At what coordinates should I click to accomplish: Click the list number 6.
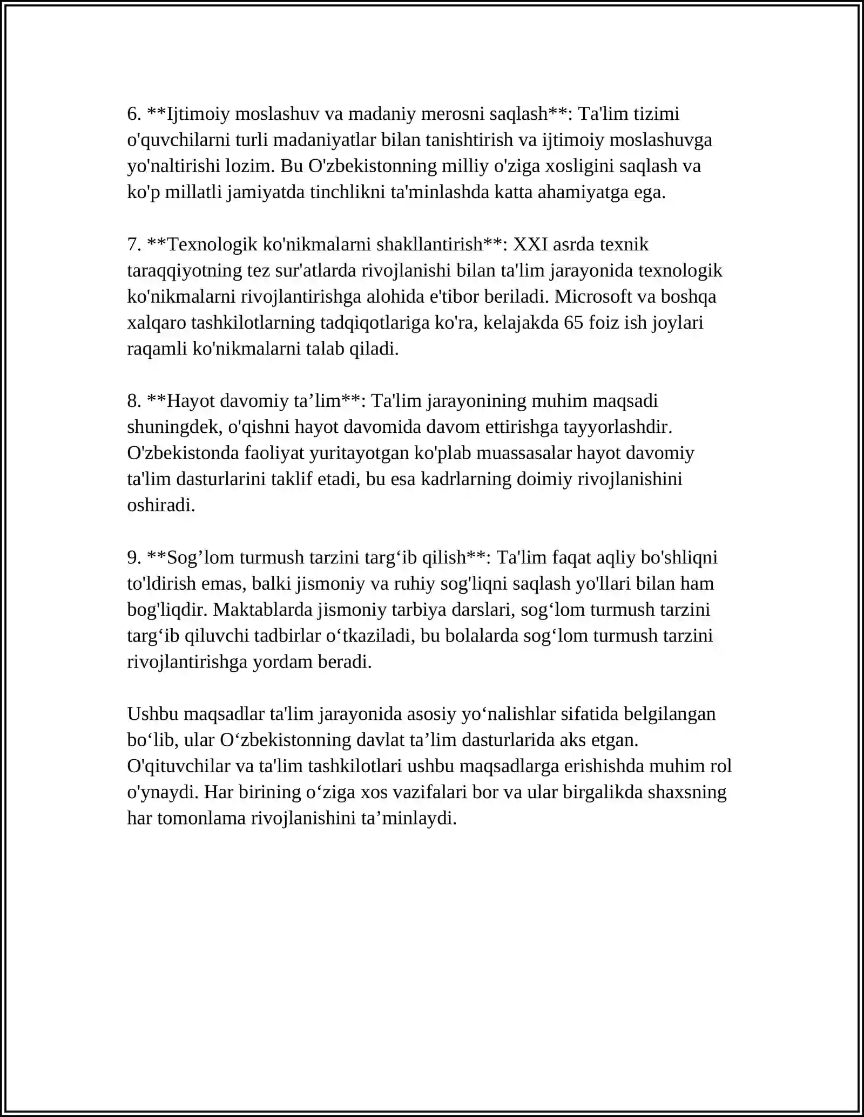[x=134, y=114]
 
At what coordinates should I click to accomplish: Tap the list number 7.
[x=134, y=245]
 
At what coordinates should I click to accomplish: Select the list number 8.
[x=134, y=401]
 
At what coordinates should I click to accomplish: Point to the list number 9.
[x=134, y=558]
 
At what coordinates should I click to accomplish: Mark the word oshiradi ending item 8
[x=161, y=506]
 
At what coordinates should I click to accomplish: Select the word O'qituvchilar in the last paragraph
[x=175, y=767]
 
